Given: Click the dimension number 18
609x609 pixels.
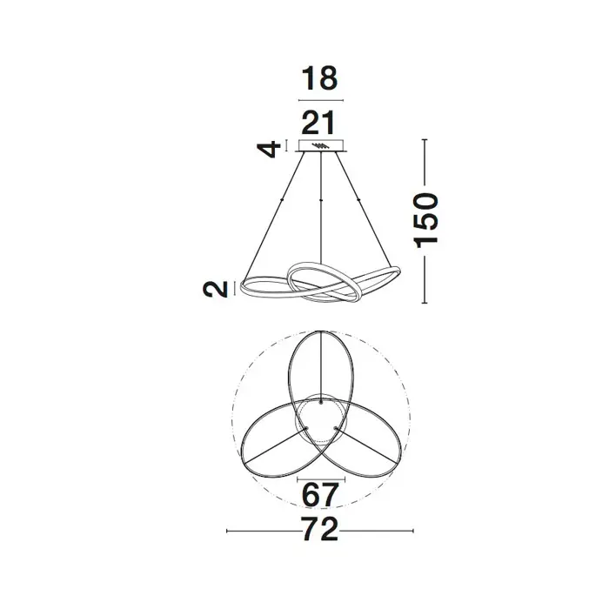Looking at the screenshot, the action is click(319, 78).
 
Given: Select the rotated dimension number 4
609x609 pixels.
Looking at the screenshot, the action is click(269, 149).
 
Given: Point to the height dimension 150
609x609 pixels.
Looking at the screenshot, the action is click(426, 221).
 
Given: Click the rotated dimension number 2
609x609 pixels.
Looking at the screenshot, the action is click(216, 290).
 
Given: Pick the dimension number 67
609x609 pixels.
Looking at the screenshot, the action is click(320, 495).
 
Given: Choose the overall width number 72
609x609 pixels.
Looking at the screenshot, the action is click(320, 529).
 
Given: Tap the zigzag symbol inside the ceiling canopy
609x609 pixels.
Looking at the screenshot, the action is click(319, 146).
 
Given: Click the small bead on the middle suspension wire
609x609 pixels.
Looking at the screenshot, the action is click(321, 199).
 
